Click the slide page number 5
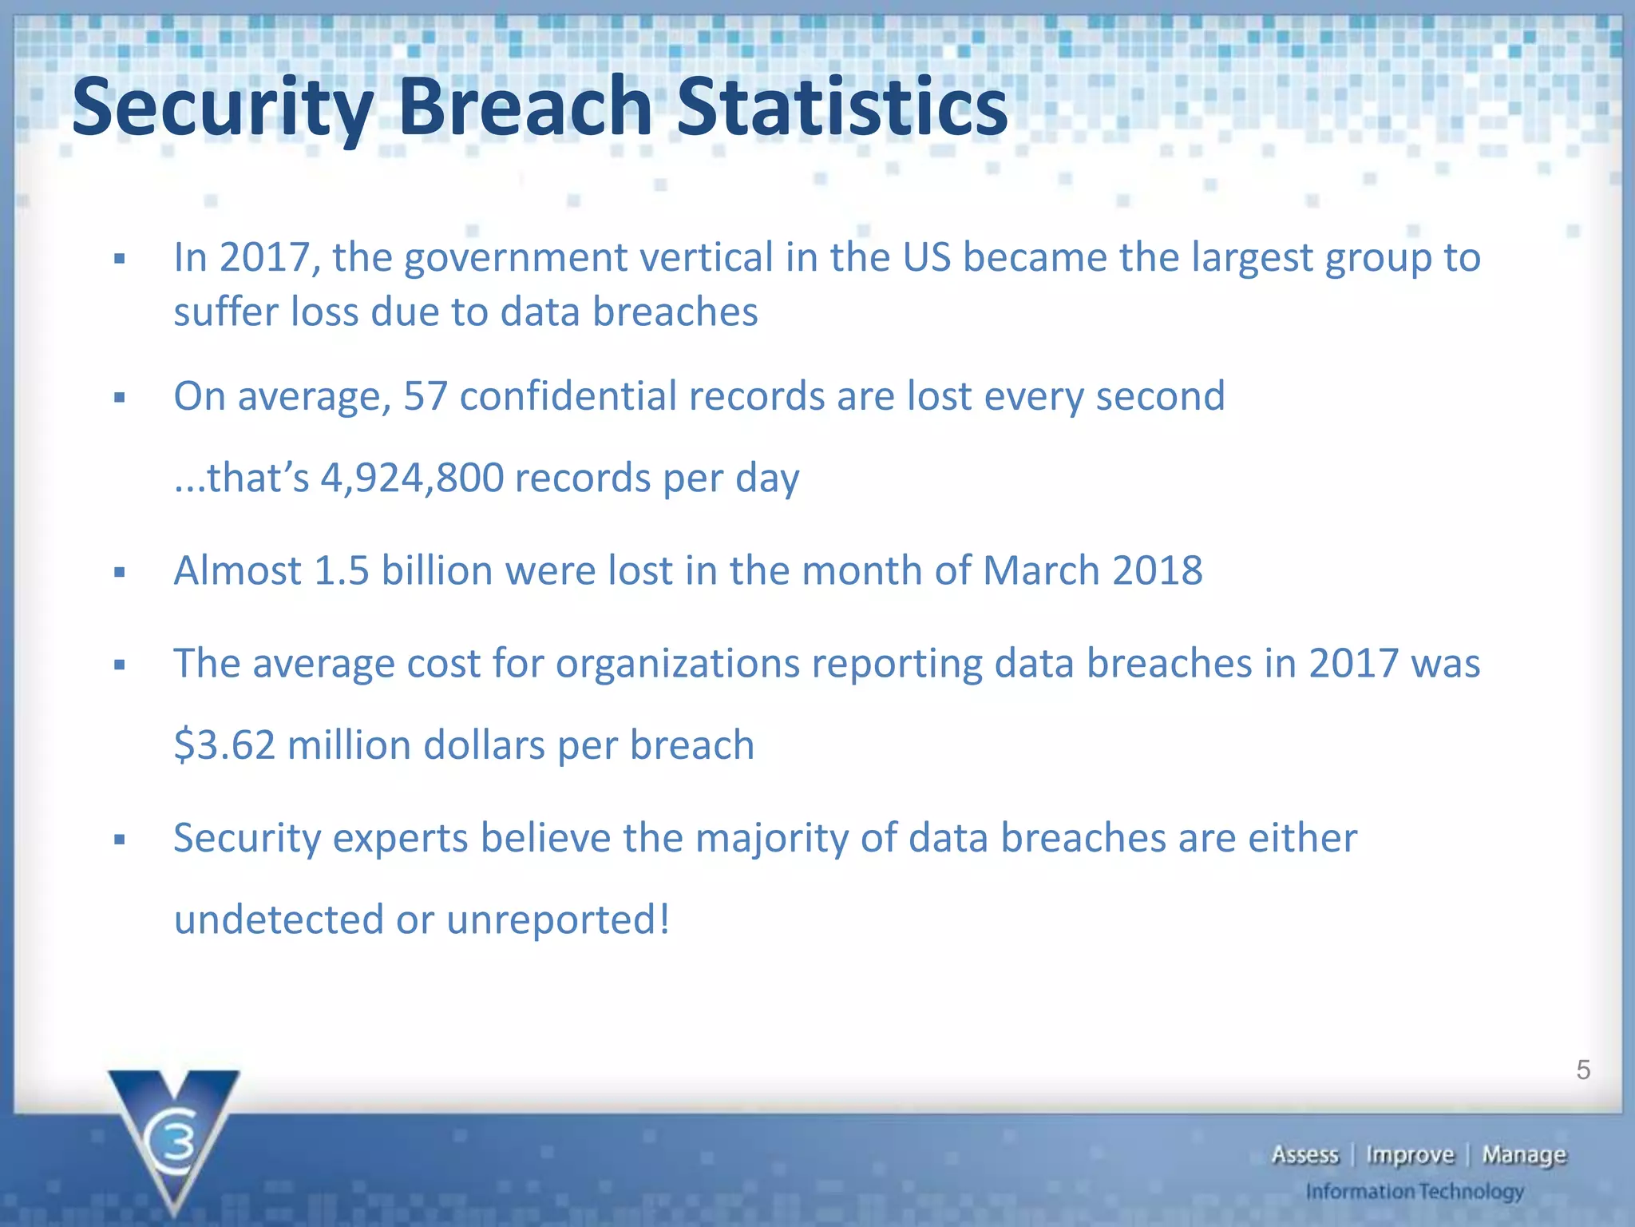point(1583,1070)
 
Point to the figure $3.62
point(224,745)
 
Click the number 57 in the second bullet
point(426,396)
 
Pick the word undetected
point(279,919)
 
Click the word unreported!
point(558,919)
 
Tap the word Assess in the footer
point(1304,1155)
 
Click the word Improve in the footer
point(1410,1155)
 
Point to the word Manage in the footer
point(1524,1155)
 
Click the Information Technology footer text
point(1415,1192)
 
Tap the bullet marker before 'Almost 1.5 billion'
point(120,572)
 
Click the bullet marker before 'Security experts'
point(120,840)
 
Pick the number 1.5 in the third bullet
point(342,570)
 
